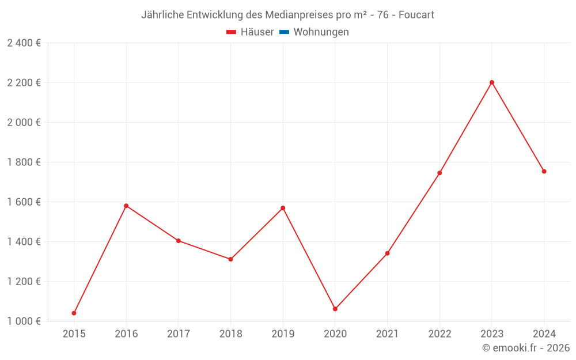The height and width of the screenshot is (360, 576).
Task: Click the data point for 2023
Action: tap(492, 82)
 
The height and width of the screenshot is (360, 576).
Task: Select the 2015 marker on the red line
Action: tap(74, 313)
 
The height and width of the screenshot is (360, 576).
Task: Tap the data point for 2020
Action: tap(335, 309)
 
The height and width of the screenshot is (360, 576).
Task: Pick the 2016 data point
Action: tap(126, 206)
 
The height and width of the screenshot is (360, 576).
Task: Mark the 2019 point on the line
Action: tap(283, 208)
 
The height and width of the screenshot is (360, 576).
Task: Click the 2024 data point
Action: tap(544, 171)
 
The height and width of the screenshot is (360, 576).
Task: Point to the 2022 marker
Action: tap(439, 173)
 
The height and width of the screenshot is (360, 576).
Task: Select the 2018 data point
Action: tap(230, 259)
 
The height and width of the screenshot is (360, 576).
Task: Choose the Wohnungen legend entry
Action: tap(321, 32)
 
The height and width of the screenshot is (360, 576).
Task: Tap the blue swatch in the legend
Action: tap(284, 32)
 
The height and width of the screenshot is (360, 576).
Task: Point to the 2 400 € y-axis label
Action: tap(24, 43)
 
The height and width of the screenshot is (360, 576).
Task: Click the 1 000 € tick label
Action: tap(24, 321)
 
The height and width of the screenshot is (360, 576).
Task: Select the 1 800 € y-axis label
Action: tap(24, 162)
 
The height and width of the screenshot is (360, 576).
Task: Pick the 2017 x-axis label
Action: tap(178, 334)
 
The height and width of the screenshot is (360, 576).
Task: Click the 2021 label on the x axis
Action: tap(387, 334)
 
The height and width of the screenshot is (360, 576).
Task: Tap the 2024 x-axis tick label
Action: tap(544, 334)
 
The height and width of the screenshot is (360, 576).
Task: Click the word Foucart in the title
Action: tap(416, 14)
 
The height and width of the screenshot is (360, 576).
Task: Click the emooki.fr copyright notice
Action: tap(526, 348)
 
